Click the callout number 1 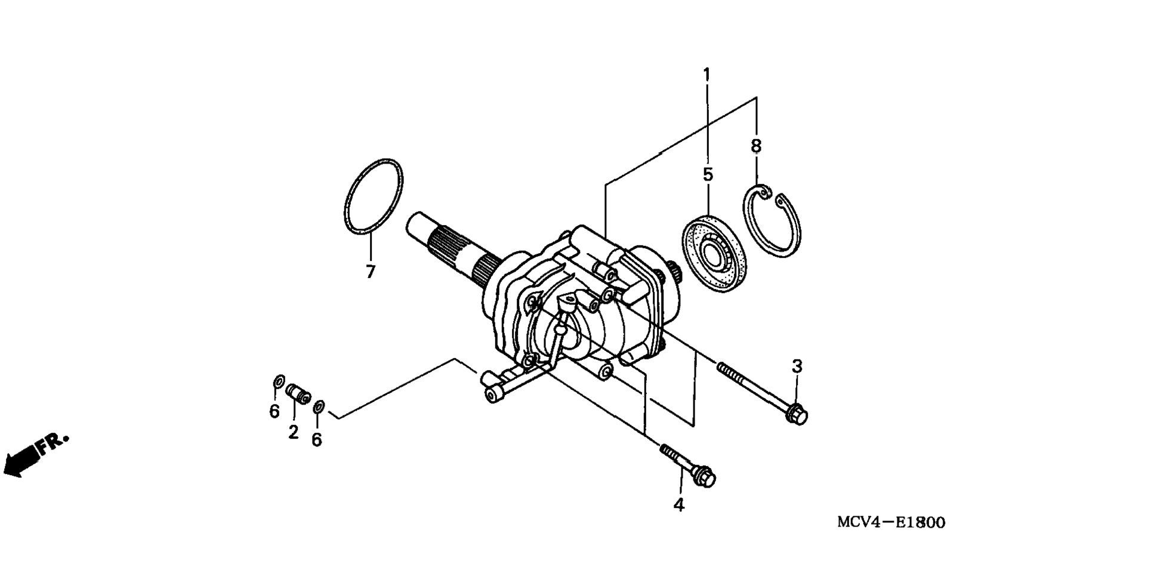706,75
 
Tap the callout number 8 756,145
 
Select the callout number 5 708,175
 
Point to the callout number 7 371,272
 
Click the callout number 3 797,366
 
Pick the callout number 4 679,505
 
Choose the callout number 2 293,432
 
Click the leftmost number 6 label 274,411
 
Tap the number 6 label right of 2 316,440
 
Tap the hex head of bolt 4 706,478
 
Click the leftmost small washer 279,381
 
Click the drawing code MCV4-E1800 890,523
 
